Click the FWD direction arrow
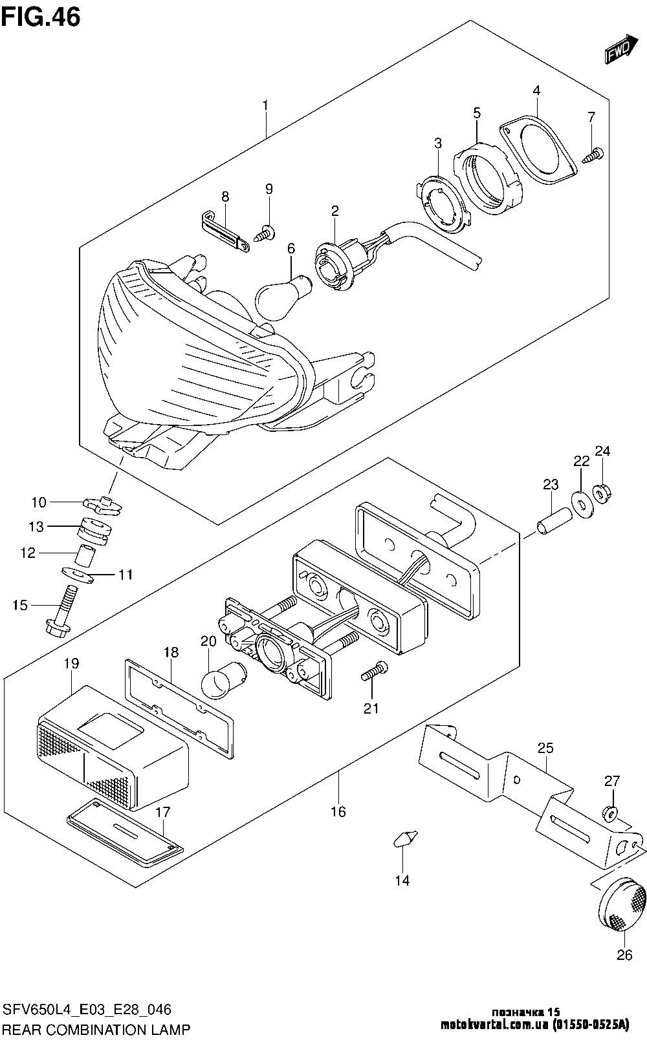[621, 48]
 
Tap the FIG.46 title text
[41, 17]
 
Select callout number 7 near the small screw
[591, 117]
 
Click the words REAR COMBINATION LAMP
[97, 1030]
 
